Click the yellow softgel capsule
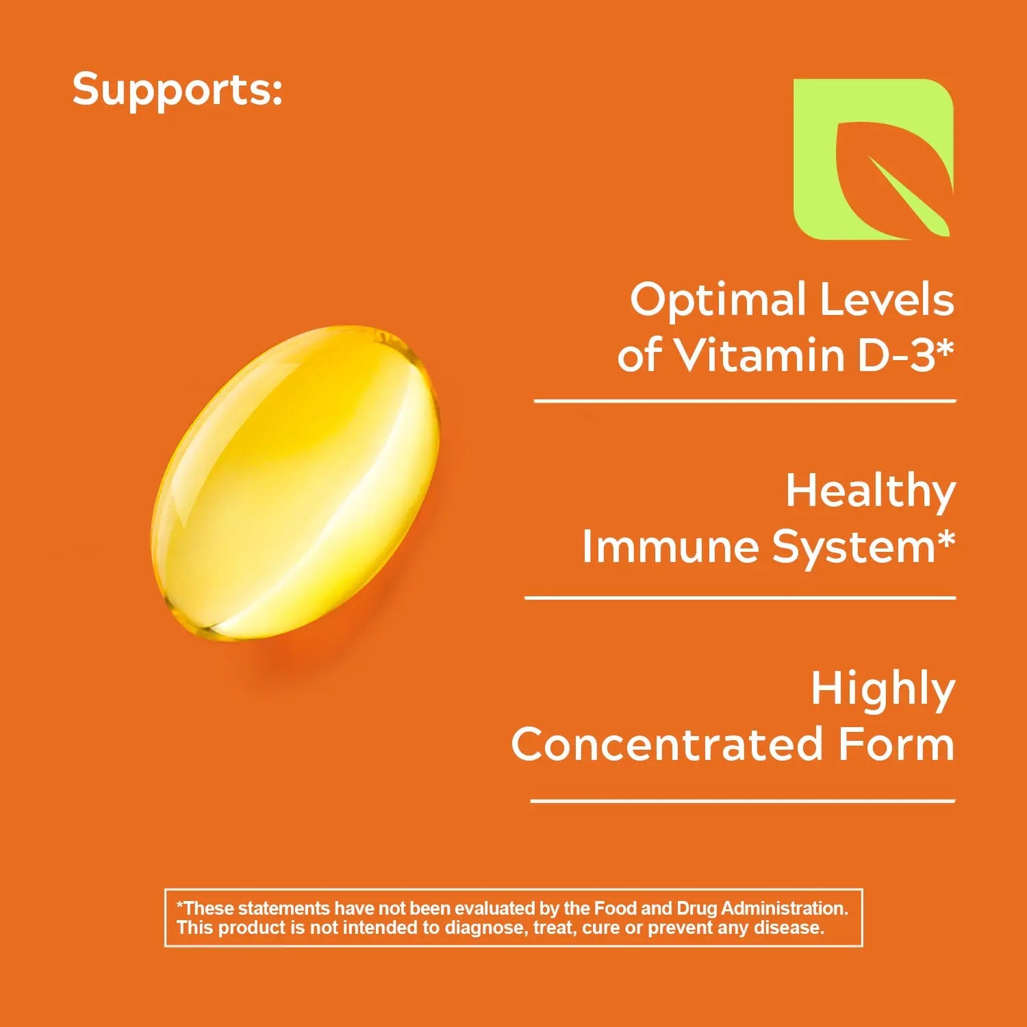pyautogui.click(x=295, y=483)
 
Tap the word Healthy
pyautogui.click(x=870, y=493)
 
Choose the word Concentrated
pyautogui.click(x=667, y=745)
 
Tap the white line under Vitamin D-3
pyautogui.click(x=745, y=401)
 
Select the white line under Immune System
pyautogui.click(x=740, y=598)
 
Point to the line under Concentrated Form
pyautogui.click(x=743, y=800)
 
